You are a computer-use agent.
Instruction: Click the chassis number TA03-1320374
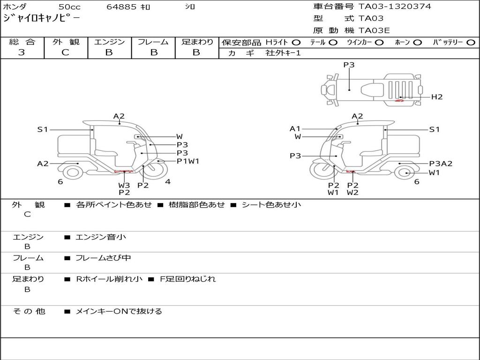click(395, 7)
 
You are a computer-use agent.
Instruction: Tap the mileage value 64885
click(122, 7)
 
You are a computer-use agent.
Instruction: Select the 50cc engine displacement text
click(69, 7)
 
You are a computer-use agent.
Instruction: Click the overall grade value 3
click(22, 52)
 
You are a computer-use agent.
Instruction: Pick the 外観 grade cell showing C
click(65, 52)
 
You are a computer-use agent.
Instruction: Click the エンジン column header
click(109, 42)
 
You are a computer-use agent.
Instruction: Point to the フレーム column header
click(153, 42)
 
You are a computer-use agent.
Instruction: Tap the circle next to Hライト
click(296, 43)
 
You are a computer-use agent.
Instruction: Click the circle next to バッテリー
click(471, 43)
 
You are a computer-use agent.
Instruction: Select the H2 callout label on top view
click(437, 97)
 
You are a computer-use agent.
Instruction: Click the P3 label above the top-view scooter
click(349, 65)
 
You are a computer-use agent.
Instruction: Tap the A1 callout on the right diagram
click(295, 128)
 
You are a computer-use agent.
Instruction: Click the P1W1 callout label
click(188, 161)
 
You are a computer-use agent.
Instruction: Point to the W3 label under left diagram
click(124, 185)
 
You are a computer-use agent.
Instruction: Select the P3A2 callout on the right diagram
click(441, 164)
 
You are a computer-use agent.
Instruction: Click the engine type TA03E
click(374, 30)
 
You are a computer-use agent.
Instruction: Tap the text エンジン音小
click(101, 237)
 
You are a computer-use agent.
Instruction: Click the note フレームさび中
click(103, 258)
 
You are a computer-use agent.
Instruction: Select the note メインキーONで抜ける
click(119, 311)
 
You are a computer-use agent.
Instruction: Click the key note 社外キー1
click(283, 53)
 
